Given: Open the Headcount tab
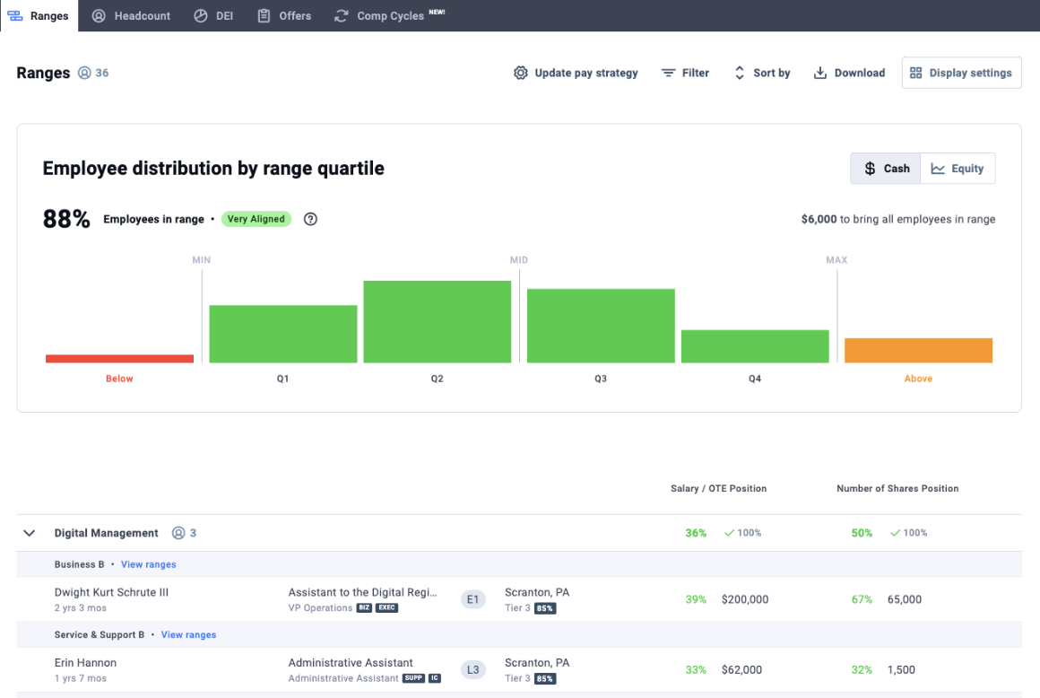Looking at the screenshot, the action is click(x=131, y=16).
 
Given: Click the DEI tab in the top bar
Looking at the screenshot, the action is click(x=213, y=16).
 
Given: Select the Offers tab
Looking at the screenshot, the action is click(x=284, y=16).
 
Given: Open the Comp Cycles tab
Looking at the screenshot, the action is click(x=389, y=16).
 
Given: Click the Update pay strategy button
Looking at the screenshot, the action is click(x=576, y=73).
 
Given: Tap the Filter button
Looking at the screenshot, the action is click(x=685, y=73).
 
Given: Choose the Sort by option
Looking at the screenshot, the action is click(x=761, y=73).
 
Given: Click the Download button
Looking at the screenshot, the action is click(x=849, y=73).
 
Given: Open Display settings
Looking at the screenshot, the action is click(x=961, y=73).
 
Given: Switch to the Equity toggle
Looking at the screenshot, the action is click(x=958, y=169).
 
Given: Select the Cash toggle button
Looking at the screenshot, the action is click(x=886, y=169).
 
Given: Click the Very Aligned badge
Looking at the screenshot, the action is click(x=256, y=219).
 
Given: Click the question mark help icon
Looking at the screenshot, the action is click(x=310, y=219).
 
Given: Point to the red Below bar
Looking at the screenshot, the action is click(x=119, y=359).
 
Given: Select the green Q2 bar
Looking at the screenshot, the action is click(x=438, y=322).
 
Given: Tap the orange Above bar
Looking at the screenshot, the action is click(x=919, y=350).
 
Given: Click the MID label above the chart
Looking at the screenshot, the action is click(x=519, y=260).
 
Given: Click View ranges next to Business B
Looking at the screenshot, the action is click(x=149, y=564).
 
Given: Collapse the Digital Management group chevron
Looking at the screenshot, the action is click(x=30, y=533).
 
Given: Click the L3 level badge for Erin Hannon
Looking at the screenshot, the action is click(x=472, y=670).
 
